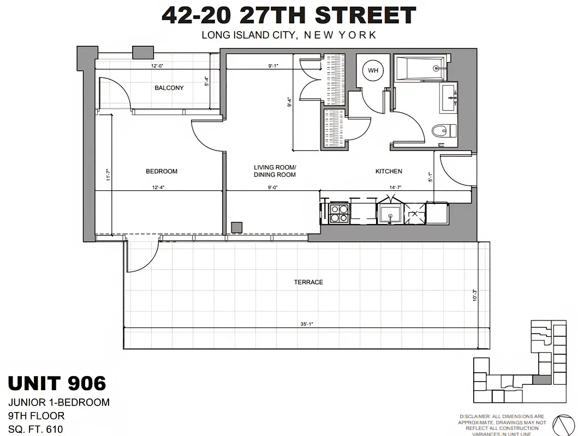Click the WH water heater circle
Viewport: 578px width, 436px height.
tap(373, 70)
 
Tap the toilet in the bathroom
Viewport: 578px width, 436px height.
tap(444, 131)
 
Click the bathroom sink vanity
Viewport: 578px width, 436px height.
tap(449, 98)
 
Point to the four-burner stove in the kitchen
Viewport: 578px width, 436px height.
tap(339, 213)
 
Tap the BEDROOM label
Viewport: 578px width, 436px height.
tap(162, 171)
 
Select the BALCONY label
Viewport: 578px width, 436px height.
tap(169, 88)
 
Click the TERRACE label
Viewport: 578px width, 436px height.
tap(308, 282)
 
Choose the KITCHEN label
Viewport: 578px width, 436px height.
tap(389, 171)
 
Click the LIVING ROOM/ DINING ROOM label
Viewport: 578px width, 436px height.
tap(275, 171)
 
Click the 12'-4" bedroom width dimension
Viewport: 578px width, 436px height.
tap(158, 187)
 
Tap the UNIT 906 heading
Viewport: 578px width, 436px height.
tap(57, 383)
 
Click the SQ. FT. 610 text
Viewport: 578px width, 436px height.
tap(35, 429)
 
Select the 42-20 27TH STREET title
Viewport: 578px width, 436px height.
tap(289, 15)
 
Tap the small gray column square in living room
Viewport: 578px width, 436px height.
tap(237, 227)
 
